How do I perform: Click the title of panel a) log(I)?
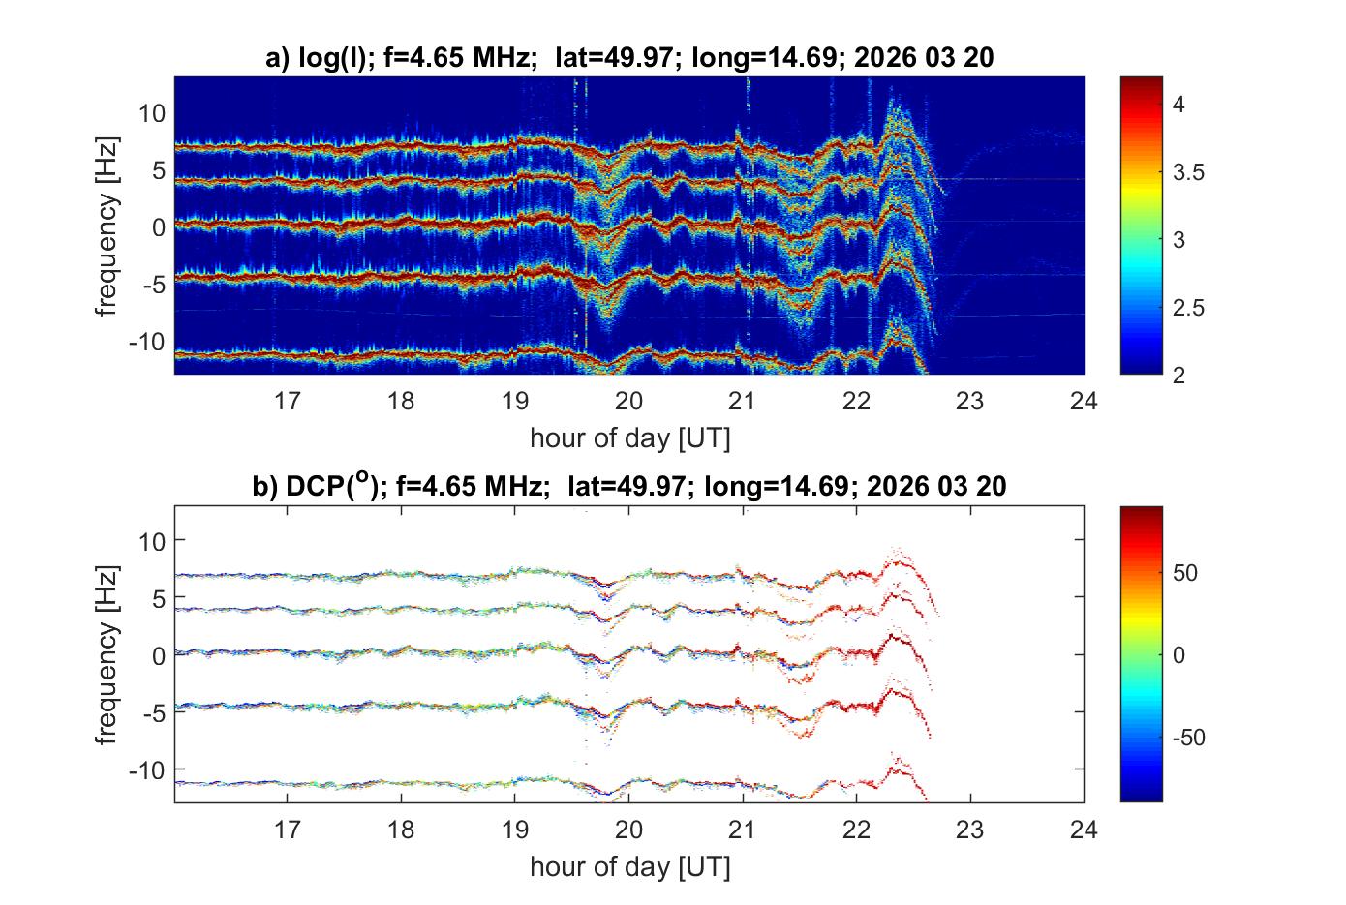pos(629,58)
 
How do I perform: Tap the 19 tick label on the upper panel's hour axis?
pos(515,400)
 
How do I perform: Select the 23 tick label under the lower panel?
pos(970,829)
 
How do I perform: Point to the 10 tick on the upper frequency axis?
pos(153,113)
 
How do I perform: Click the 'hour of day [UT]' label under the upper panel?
pos(629,438)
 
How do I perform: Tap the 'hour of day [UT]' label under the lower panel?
pos(629,866)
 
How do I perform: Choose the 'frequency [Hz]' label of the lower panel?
pos(108,654)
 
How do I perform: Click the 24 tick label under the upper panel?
pos(1084,400)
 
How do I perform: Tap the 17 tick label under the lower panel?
pos(288,829)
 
